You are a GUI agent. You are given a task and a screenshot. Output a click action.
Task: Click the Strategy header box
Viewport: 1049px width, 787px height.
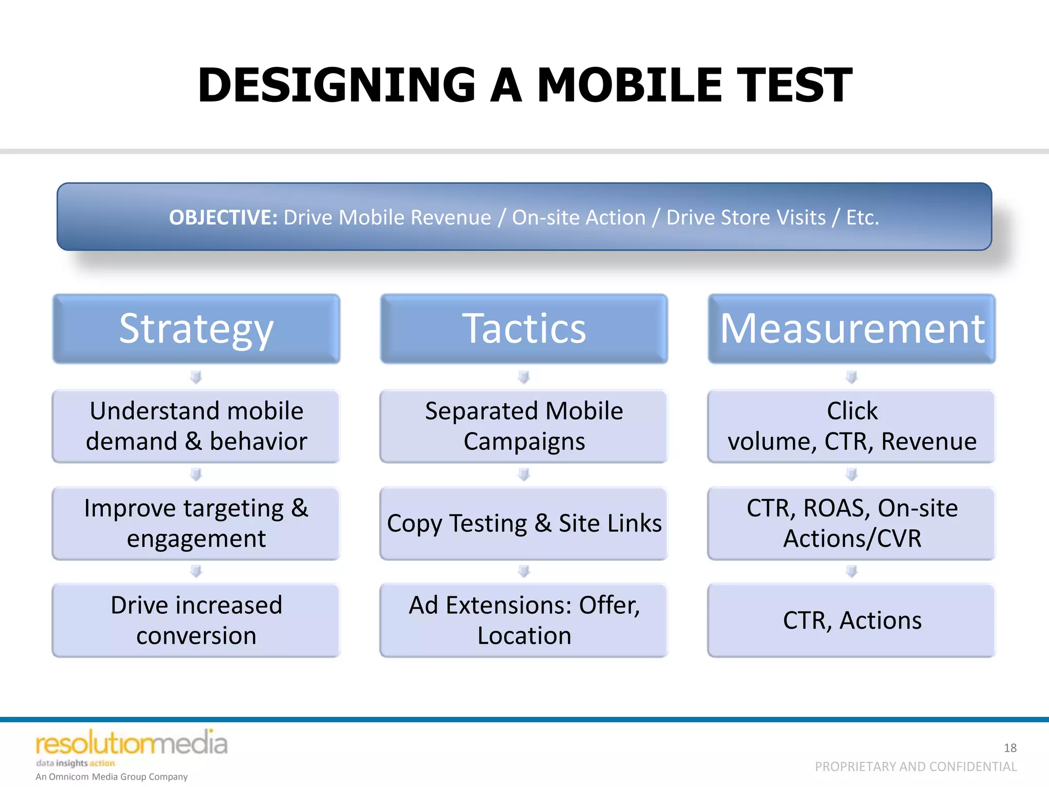point(196,328)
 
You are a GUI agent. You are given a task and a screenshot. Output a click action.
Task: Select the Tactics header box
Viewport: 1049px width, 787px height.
point(524,328)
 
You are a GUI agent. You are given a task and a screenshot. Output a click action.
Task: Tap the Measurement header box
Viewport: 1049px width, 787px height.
point(852,328)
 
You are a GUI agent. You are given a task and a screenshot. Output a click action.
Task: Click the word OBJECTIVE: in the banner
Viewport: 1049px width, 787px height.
point(223,217)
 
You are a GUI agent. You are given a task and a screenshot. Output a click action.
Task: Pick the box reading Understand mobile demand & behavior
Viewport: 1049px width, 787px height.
point(196,426)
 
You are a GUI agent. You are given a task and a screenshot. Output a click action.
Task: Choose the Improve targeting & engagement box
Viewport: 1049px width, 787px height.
point(196,523)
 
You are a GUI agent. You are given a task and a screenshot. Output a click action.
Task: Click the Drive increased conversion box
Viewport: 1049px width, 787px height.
point(196,620)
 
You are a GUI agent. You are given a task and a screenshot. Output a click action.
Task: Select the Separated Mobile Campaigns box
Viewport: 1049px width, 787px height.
point(524,426)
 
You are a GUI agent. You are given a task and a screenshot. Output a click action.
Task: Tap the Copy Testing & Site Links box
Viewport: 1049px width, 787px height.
point(524,523)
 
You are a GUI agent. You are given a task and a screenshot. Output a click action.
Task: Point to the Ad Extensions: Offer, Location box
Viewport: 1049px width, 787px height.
point(524,620)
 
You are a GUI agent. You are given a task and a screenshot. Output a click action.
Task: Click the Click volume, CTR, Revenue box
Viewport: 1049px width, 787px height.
point(852,426)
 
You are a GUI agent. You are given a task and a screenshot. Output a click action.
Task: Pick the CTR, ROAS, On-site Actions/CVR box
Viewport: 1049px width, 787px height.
point(852,523)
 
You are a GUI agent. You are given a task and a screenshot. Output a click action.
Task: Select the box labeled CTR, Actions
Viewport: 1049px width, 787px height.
point(852,620)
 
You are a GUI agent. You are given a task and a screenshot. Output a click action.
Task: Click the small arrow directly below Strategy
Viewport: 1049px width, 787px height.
point(196,377)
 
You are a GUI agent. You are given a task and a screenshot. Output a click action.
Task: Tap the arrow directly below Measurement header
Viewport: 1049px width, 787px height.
point(852,377)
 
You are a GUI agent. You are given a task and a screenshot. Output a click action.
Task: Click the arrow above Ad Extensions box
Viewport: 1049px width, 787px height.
point(524,571)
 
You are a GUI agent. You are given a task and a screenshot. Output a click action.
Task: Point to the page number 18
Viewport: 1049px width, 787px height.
point(1010,748)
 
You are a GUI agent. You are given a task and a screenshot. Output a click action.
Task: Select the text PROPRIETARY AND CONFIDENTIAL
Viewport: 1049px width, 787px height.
point(915,767)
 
